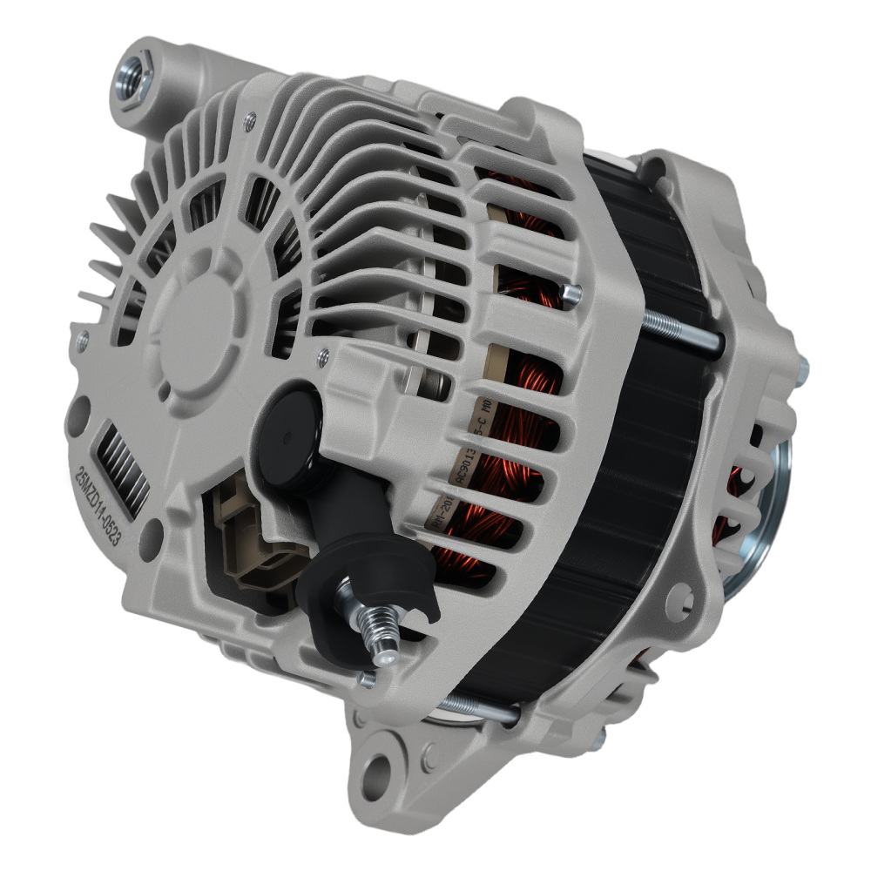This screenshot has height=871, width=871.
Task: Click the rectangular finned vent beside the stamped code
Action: point(122,467)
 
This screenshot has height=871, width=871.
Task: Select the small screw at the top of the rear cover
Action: point(252,119)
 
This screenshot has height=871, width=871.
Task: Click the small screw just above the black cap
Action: point(323,354)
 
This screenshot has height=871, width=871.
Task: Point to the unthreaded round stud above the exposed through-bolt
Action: point(571,296)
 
